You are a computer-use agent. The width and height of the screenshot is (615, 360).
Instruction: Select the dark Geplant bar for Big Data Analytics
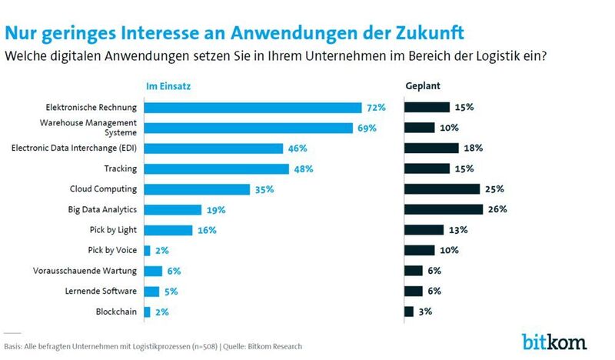tap(443, 209)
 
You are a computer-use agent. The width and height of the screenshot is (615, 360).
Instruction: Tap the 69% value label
tap(367, 128)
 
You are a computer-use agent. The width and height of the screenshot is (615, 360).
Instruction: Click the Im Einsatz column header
tap(168, 86)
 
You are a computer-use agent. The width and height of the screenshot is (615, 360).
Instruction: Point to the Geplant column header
tap(423, 86)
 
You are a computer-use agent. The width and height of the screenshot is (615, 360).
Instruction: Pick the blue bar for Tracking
tap(217, 168)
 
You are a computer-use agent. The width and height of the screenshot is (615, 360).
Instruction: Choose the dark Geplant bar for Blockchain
tap(408, 311)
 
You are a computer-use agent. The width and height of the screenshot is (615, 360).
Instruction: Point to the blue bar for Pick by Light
tap(168, 229)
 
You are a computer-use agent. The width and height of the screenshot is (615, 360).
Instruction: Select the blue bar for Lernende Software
tap(151, 291)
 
